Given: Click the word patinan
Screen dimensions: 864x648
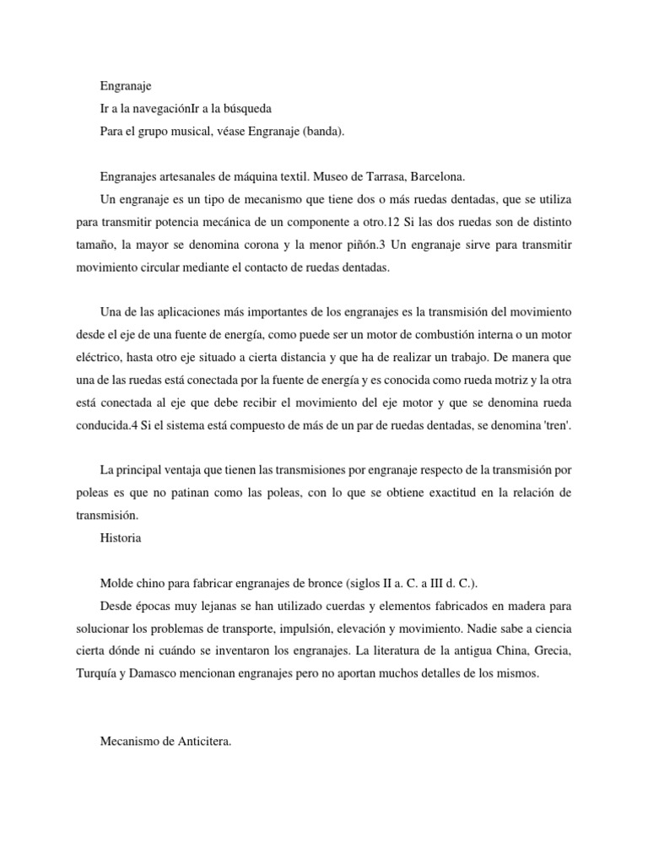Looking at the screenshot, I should click(x=215, y=490).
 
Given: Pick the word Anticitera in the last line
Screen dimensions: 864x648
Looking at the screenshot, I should click(x=200, y=742).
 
